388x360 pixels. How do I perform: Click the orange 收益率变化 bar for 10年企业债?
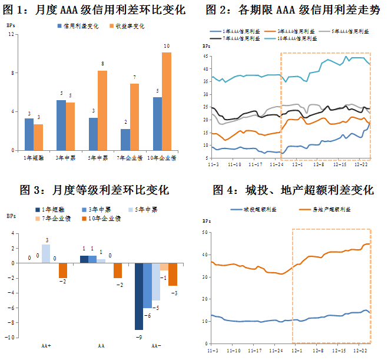(167, 101)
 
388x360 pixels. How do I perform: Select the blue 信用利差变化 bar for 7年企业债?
(125, 140)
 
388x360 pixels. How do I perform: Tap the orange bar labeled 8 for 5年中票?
(102, 110)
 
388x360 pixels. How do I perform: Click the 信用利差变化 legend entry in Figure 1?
(78, 26)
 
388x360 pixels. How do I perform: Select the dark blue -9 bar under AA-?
(138, 296)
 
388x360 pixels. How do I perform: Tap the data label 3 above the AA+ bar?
(46, 240)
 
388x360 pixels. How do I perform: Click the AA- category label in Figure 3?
(155, 345)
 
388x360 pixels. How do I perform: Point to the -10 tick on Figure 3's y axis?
(11, 338)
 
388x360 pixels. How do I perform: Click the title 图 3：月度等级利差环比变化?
(94, 190)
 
